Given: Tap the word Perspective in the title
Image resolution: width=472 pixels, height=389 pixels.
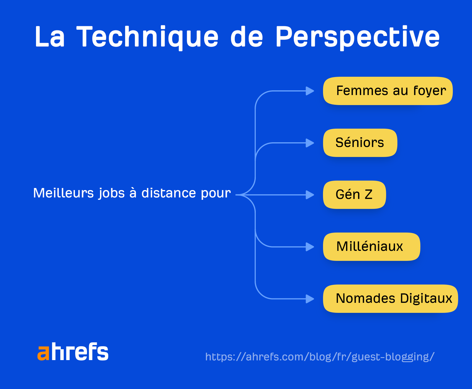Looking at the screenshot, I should coord(357,37).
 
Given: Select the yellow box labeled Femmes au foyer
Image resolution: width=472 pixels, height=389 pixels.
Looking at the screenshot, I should coord(388,91).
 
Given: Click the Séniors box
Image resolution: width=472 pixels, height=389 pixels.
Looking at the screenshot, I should coord(360,143).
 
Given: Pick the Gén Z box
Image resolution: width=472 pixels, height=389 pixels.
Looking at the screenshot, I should coord(354,195).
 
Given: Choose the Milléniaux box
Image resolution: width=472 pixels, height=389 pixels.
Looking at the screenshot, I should coord(371,247).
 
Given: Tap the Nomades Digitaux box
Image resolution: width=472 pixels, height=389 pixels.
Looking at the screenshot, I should coord(390,299).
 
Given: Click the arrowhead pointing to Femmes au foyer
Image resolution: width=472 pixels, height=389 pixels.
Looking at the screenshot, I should coord(310,91).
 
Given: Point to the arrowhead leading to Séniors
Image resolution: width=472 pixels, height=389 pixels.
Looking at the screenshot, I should coord(310,143).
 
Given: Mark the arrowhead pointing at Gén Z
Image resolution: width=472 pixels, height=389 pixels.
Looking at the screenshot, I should coord(310,195).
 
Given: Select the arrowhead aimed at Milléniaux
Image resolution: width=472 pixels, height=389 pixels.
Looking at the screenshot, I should coord(310,247).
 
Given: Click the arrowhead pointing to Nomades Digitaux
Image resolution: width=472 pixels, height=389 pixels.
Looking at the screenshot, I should coord(310,299).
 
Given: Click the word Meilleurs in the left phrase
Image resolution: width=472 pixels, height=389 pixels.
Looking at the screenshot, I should coord(63,193).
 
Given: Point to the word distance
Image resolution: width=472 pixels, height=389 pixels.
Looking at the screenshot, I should coord(168,193).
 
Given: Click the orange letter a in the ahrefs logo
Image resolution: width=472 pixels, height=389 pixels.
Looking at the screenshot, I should coord(43,352).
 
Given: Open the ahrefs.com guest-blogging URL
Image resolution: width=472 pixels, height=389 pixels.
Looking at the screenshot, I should coord(320,357).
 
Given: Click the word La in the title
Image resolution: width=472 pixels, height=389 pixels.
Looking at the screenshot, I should coord(50,37).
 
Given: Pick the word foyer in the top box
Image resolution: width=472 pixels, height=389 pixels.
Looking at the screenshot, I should coord(430,91).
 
